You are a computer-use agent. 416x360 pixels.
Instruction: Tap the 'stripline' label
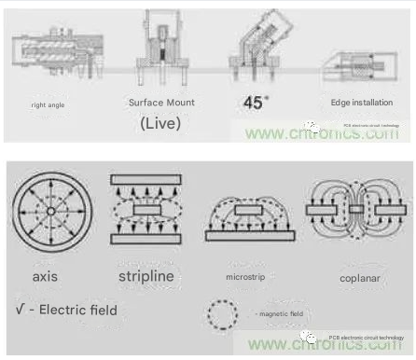145,276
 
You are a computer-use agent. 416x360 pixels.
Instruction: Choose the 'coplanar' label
354,276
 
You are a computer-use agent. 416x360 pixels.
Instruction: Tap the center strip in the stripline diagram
146,209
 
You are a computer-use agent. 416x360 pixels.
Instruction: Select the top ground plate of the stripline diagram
146,179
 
